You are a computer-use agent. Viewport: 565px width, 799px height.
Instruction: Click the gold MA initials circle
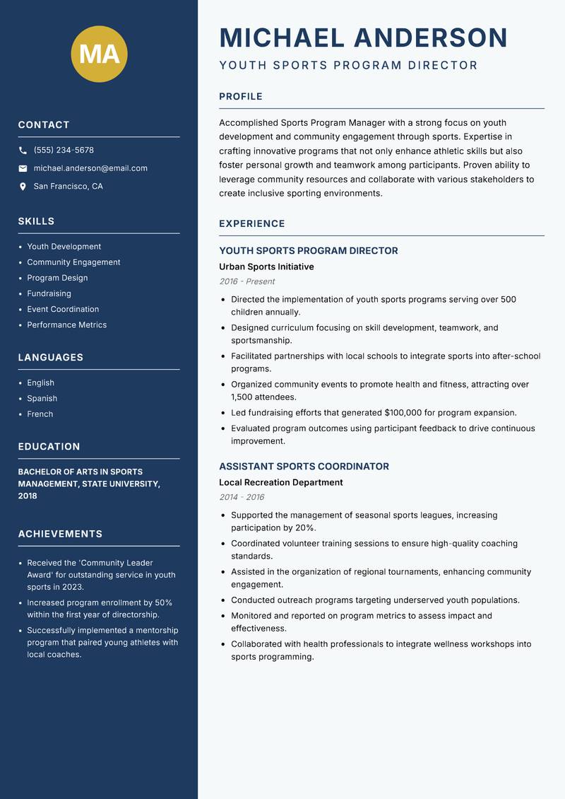pos(99,54)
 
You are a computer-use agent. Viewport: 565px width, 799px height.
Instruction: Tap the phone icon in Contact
pos(23,151)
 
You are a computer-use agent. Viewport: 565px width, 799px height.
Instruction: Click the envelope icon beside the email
pos(23,168)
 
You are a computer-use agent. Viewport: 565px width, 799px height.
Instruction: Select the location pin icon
pos(23,187)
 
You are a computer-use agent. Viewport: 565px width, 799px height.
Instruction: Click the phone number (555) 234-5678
pos(64,151)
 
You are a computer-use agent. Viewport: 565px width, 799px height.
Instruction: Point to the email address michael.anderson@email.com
pos(90,168)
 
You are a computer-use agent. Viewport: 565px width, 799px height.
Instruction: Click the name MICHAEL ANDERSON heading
pos(364,37)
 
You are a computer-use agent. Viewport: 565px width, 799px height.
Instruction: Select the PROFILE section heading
pos(241,97)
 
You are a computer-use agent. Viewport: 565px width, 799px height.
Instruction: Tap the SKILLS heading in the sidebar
pos(36,221)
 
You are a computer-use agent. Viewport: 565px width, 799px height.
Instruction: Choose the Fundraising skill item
pos(49,293)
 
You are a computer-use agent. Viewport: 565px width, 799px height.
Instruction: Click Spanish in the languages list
pos(42,398)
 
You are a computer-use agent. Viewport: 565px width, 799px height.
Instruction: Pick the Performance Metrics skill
pos(66,325)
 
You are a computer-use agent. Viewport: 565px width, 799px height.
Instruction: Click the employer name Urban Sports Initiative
pos(266,267)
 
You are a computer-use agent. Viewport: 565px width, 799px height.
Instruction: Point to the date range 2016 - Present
pos(246,281)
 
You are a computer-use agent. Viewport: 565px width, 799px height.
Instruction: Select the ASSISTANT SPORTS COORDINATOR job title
pos(304,467)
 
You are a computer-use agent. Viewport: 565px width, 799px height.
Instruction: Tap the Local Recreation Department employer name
pos(280,482)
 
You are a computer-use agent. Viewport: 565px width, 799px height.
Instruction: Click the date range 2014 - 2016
pos(242,497)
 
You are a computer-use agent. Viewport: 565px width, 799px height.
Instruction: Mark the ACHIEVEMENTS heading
pos(60,534)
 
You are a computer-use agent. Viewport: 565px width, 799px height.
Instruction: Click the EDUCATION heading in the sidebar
pos(49,447)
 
